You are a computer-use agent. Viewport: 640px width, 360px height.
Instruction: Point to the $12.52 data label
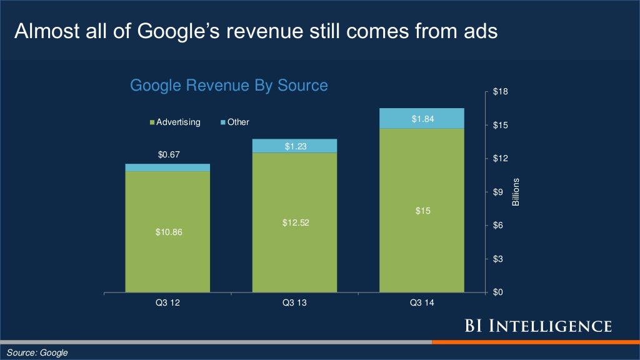[x=294, y=222]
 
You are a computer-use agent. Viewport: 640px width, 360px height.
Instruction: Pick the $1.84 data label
[x=421, y=119]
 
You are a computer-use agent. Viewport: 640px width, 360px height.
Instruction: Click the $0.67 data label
[x=167, y=154]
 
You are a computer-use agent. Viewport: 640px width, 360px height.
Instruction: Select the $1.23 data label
[x=294, y=146]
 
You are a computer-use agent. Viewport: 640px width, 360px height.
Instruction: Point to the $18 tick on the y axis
[x=500, y=92]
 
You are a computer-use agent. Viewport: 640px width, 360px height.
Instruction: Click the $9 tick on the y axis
[x=498, y=192]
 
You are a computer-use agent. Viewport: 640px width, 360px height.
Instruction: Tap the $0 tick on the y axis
[x=498, y=292]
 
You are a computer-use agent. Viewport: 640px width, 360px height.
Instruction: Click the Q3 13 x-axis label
[x=294, y=303]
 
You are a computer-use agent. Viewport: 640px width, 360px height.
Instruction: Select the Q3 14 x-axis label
[x=421, y=303]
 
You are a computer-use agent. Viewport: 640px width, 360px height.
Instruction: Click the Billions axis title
[x=516, y=192]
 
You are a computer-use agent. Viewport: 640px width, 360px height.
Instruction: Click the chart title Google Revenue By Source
[x=228, y=85]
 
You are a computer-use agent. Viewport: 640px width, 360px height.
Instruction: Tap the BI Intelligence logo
[x=537, y=326]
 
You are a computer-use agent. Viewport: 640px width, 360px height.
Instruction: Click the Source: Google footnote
[x=37, y=353]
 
